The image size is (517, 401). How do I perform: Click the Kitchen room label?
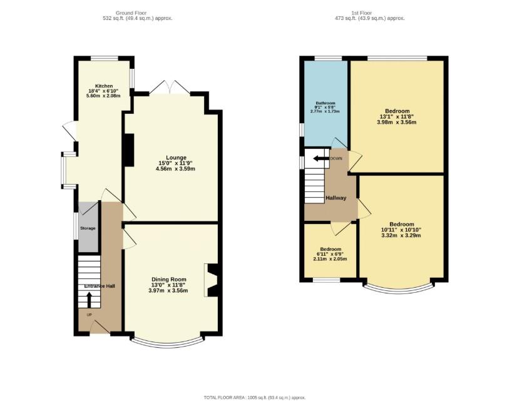coord(104,86)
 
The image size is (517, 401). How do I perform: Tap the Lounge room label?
coord(176,157)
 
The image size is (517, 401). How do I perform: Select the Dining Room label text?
coord(168,279)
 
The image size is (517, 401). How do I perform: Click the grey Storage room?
coord(88,228)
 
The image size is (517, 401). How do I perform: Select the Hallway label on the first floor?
coord(335,198)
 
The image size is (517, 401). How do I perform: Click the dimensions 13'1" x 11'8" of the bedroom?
coord(396,116)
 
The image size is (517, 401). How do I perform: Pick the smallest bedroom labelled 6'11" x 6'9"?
coord(330,254)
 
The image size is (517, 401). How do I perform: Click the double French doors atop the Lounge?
coord(170,88)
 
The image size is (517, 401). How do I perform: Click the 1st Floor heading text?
coord(369,12)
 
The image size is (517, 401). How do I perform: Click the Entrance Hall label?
coord(101,286)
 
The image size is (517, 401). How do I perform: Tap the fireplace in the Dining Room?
coord(212,279)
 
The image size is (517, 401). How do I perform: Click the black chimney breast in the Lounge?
coord(129,150)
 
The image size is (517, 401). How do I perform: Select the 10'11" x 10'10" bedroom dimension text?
coord(401,230)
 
